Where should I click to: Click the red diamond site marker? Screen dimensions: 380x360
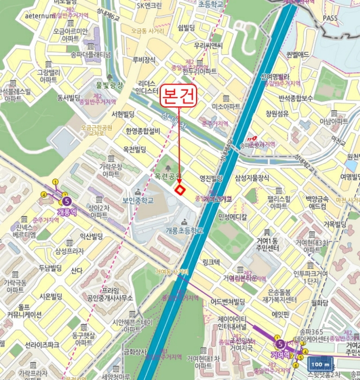180,189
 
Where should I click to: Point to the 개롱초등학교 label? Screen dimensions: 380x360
184,231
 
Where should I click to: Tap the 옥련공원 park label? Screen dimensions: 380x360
167,177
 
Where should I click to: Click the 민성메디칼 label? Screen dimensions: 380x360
232,216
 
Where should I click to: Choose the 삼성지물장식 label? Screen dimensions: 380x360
252,178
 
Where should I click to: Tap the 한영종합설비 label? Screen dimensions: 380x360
142,131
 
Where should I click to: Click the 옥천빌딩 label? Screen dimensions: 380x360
135,149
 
